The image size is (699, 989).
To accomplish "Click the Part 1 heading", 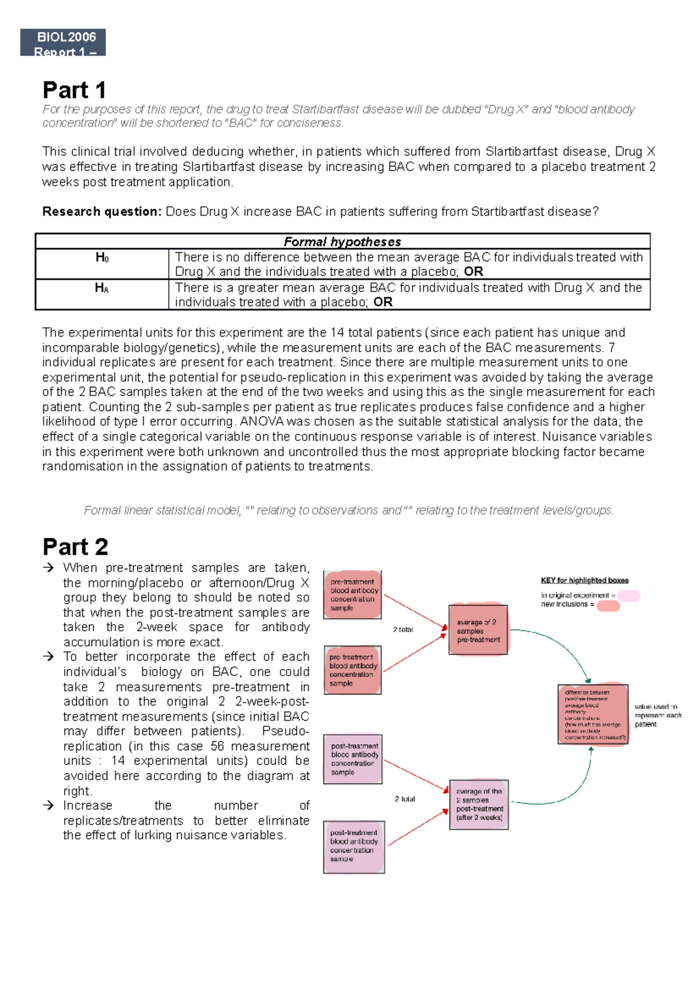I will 74,90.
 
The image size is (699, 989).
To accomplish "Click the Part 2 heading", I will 75,547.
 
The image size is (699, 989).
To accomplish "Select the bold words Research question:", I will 101,211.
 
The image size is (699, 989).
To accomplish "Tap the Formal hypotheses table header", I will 342,242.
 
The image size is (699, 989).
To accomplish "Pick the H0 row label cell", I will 102,257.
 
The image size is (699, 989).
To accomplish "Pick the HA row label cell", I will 102,288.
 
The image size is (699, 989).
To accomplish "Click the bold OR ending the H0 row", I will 473,271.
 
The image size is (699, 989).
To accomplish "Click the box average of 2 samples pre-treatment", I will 478,631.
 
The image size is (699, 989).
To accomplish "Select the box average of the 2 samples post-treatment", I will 479,804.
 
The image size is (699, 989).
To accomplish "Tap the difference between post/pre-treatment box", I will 592,715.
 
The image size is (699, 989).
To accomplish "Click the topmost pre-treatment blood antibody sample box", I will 353,595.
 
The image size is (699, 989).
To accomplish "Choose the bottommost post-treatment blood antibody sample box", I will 354,846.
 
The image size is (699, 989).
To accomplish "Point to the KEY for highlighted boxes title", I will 584,580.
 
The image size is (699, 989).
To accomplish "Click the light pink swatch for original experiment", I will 629,595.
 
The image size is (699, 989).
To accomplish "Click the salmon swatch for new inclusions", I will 608,606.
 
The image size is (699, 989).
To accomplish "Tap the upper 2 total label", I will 403,630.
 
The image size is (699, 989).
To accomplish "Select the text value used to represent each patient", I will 657,715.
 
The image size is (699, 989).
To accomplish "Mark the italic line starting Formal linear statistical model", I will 348,510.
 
